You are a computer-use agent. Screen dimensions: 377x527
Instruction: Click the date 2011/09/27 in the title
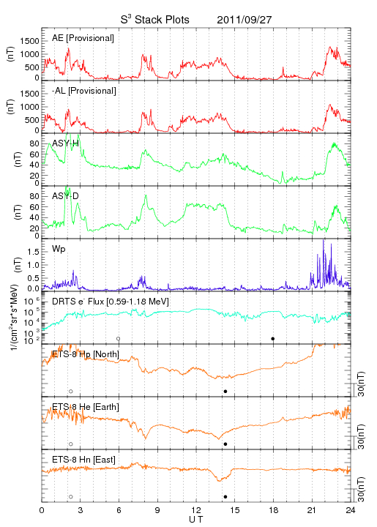click(244, 20)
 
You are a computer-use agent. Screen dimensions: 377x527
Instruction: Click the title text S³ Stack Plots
click(155, 20)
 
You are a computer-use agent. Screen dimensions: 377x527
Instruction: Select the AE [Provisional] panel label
click(83, 38)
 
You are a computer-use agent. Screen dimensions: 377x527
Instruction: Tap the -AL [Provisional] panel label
click(84, 91)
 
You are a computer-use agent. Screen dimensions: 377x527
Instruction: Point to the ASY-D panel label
click(65, 196)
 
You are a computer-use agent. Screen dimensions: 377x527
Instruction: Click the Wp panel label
click(59, 250)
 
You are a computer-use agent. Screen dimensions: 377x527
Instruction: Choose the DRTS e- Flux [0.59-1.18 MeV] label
click(111, 302)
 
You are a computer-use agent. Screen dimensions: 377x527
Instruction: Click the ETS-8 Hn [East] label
click(83, 460)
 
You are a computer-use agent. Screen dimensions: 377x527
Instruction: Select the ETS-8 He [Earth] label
click(86, 407)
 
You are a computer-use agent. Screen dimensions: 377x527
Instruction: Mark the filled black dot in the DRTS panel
click(273, 339)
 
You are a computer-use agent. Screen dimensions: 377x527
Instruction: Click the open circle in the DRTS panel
click(119, 339)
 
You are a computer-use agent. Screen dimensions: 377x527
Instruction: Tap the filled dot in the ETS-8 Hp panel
click(225, 391)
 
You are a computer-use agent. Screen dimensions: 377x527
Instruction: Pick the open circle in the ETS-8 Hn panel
click(71, 497)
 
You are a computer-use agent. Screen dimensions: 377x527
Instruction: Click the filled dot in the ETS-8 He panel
click(225, 444)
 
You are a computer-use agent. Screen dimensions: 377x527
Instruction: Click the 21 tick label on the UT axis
click(312, 510)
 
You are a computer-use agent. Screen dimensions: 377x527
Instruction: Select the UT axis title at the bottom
click(196, 520)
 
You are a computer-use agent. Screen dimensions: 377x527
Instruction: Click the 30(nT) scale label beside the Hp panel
click(361, 384)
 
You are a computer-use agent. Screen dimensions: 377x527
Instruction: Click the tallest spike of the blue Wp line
click(324, 239)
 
